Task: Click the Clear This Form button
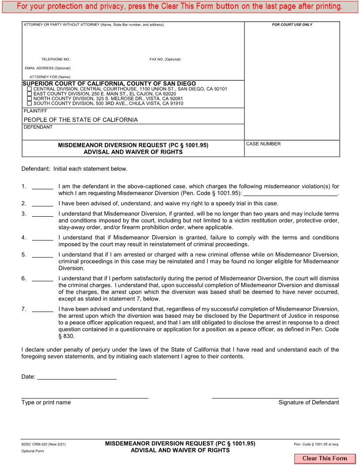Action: coord(325,458)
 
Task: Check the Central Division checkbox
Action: coord(30,89)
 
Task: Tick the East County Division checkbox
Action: coord(30,94)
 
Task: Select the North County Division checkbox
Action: coord(30,99)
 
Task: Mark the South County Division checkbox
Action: coord(30,104)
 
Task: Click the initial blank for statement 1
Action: coord(42,187)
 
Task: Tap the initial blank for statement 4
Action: coord(42,238)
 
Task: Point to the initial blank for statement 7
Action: coord(42,309)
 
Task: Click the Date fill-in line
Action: coord(77,377)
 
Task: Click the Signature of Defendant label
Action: coord(308,402)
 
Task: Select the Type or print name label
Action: coord(46,402)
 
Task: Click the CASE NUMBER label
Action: coord(263,144)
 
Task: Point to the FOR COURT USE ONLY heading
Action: coord(292,25)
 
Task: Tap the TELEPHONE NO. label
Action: coord(56,59)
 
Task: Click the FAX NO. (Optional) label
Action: coord(165,59)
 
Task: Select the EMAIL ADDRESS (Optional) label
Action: coord(48,68)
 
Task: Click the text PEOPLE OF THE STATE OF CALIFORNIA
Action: coord(80,120)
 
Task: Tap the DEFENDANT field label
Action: coord(38,127)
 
